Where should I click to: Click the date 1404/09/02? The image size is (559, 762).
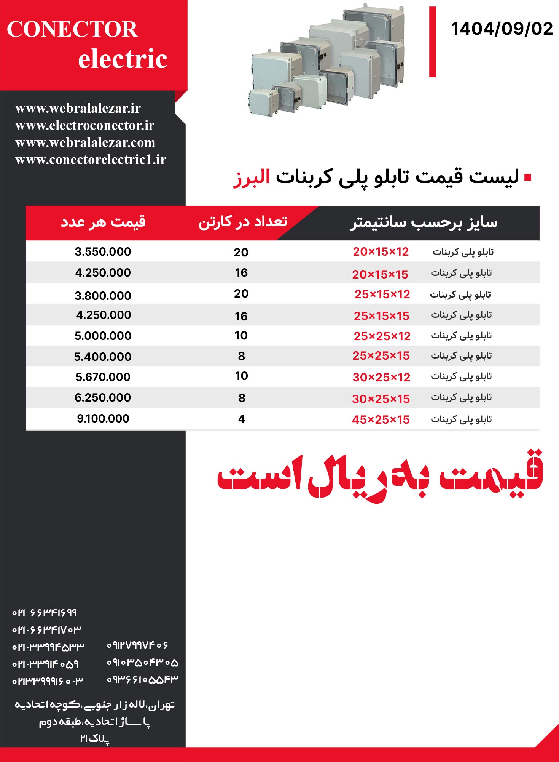tap(502, 29)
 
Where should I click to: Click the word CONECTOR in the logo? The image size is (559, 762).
tap(72, 29)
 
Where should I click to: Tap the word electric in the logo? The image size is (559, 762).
tap(123, 59)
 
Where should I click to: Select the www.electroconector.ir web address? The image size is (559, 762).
tap(85, 125)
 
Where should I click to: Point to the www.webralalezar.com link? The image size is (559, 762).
tap(85, 142)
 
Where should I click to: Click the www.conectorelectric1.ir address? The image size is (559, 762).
tap(91, 160)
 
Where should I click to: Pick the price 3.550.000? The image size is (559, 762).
tap(103, 252)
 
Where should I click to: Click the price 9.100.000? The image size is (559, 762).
tap(103, 419)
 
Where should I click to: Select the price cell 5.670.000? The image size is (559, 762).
tap(103, 377)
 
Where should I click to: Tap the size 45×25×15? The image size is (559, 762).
tap(381, 420)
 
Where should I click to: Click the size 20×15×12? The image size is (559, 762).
tap(381, 252)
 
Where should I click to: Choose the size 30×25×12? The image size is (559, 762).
tap(381, 378)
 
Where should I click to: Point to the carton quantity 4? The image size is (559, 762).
tap(242, 419)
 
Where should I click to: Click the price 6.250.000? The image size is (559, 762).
tap(103, 398)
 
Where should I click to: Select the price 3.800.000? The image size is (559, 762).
tap(103, 296)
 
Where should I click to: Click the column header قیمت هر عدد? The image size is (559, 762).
tap(103, 222)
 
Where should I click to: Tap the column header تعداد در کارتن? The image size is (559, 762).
tap(243, 222)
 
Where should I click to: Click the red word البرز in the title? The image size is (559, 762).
tap(252, 178)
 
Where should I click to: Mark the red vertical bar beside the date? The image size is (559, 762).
tap(432, 42)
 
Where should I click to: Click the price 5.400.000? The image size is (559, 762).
tap(103, 357)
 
